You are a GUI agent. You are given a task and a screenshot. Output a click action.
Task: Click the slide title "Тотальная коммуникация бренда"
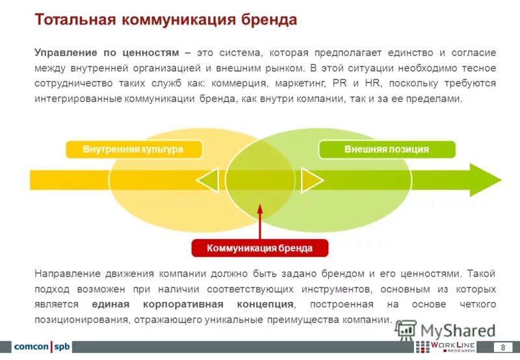pos(166,20)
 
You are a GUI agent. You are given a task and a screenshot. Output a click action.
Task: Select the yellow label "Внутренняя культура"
pos(133,149)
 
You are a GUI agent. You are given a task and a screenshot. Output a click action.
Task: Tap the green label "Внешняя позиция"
pos(386,149)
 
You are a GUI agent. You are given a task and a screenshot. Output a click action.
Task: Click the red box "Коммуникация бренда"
pos(260,248)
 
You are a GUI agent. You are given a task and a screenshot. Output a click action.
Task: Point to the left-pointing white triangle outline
pos(208,180)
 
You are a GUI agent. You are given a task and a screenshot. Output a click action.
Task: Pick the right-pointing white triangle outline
pos(311,180)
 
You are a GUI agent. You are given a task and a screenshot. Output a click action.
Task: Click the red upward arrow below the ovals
pos(260,221)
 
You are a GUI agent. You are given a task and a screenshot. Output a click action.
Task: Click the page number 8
pos(502,347)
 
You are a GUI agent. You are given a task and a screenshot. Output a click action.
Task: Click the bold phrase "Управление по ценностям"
pos(105,53)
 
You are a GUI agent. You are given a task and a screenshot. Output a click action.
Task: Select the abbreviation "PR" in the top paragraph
pos(339,84)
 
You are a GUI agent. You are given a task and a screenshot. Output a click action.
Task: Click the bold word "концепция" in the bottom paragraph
pos(261,305)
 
